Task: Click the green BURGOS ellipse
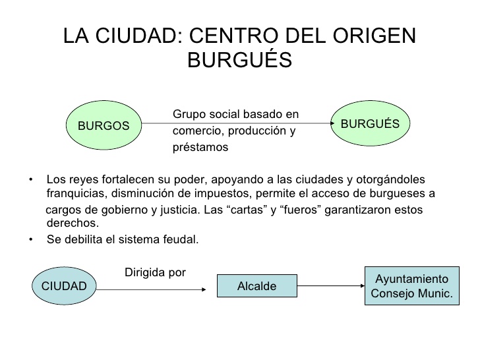[x=104, y=125]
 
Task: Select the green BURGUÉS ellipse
[x=370, y=123]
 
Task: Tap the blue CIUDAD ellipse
[x=64, y=286]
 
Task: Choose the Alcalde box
[x=257, y=286]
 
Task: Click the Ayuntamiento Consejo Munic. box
[x=412, y=286]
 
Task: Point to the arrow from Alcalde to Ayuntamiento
[x=331, y=286]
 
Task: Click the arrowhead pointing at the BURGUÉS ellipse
[x=332, y=123]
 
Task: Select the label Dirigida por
[x=155, y=272]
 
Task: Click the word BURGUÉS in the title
[x=240, y=60]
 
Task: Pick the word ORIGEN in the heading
[x=374, y=36]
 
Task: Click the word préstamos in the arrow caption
[x=200, y=147]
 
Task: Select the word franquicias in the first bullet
[x=77, y=193]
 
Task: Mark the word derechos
[x=73, y=223]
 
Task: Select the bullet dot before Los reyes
[x=30, y=180]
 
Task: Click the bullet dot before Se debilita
[x=30, y=239]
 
